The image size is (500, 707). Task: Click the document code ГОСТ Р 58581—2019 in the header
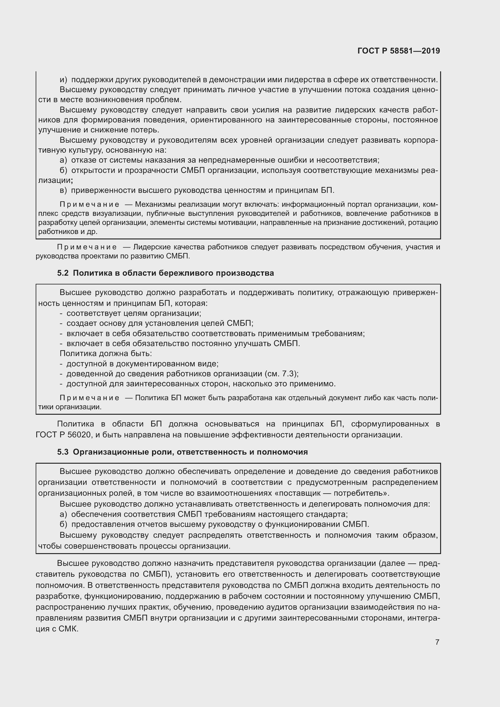(399, 51)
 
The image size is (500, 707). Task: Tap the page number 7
(437, 642)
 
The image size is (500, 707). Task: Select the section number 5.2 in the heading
(63, 273)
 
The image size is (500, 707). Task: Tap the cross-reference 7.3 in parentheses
(289, 374)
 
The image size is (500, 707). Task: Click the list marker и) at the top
(63, 80)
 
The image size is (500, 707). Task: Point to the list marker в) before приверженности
(63, 190)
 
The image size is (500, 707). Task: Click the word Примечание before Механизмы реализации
(89, 204)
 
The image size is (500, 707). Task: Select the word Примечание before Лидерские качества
(87, 247)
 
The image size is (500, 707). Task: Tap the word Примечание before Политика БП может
(89, 398)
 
